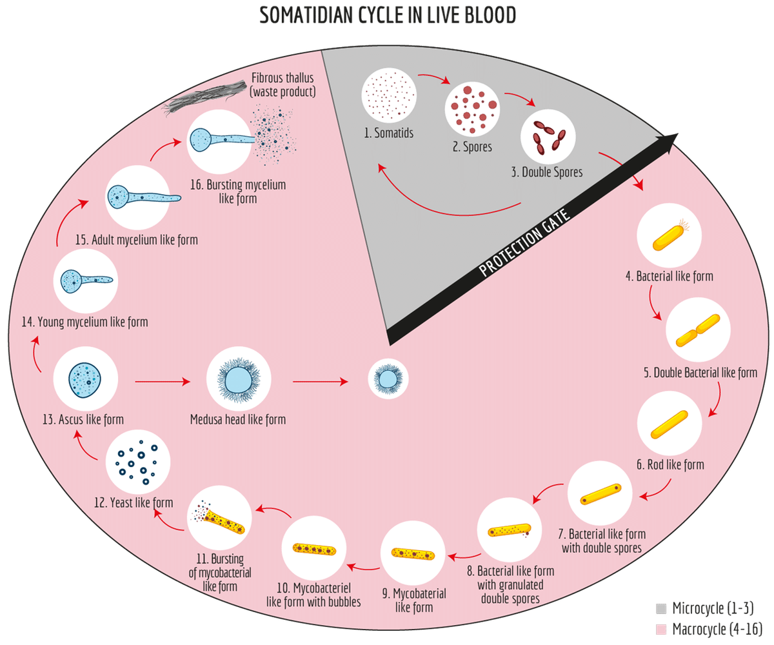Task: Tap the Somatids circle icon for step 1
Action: [386, 96]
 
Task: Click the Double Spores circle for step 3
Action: [548, 137]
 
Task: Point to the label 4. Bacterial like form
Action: [670, 277]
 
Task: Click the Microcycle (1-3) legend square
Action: [660, 608]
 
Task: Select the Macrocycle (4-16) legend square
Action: [660, 628]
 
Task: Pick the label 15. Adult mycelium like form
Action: [136, 239]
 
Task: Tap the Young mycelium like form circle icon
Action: [85, 281]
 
